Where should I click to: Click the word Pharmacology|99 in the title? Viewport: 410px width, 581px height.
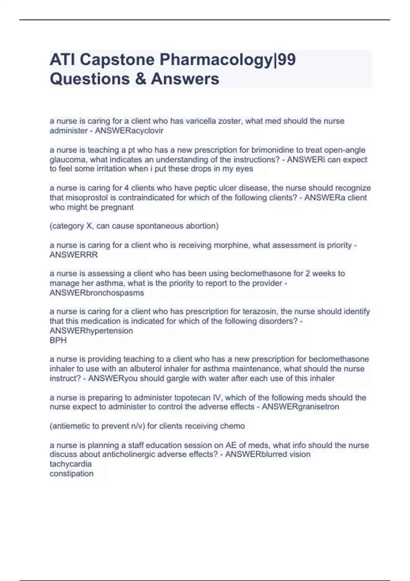[x=228, y=60]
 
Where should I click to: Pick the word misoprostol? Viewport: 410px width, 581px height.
[x=88, y=198]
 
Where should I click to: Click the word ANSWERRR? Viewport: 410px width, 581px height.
[x=74, y=255]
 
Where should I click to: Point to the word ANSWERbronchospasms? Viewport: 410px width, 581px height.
[x=97, y=293]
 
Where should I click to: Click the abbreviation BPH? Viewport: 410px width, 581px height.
[x=58, y=340]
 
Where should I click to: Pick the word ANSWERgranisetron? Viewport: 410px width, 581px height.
[x=300, y=407]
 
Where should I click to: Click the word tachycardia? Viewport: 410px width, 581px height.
[x=70, y=464]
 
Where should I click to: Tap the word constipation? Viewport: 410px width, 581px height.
[x=71, y=474]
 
